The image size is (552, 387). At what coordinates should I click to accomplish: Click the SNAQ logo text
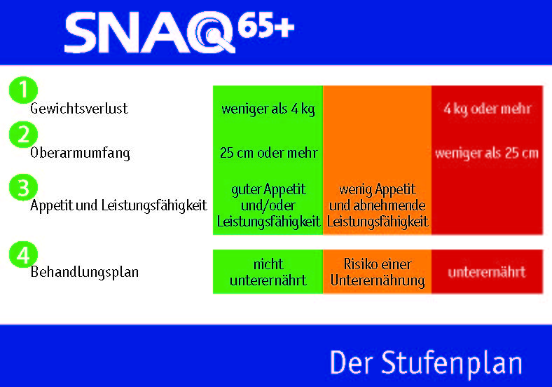[x=150, y=32]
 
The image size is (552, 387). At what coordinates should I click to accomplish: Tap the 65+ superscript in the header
[x=265, y=25]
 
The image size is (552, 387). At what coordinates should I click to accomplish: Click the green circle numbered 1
[x=23, y=90]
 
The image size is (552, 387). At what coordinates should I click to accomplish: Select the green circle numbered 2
[x=23, y=135]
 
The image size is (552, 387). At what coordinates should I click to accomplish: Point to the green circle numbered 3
[x=23, y=187]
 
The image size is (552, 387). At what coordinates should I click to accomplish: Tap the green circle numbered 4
[x=23, y=254]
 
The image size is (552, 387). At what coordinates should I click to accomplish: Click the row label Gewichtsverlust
[x=79, y=109]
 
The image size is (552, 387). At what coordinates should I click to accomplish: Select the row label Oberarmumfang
[x=81, y=154]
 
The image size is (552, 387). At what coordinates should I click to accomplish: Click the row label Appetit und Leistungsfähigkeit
[x=118, y=205]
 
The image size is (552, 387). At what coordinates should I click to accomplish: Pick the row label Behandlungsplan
[x=85, y=273]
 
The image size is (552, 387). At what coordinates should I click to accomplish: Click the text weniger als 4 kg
[x=268, y=109]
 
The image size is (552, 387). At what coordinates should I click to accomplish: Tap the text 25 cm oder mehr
[x=268, y=153]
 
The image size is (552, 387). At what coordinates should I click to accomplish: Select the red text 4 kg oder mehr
[x=488, y=109]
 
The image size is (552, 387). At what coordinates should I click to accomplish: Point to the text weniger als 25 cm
[x=487, y=154]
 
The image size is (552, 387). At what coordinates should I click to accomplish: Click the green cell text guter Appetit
[x=268, y=190]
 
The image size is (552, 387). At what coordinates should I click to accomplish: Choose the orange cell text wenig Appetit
[x=378, y=190]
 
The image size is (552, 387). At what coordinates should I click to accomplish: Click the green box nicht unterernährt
[x=268, y=271]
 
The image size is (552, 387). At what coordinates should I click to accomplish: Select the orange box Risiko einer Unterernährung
[x=377, y=271]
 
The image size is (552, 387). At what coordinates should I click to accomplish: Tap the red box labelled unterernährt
[x=488, y=271]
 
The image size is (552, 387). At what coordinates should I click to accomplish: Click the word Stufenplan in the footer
[x=452, y=364]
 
